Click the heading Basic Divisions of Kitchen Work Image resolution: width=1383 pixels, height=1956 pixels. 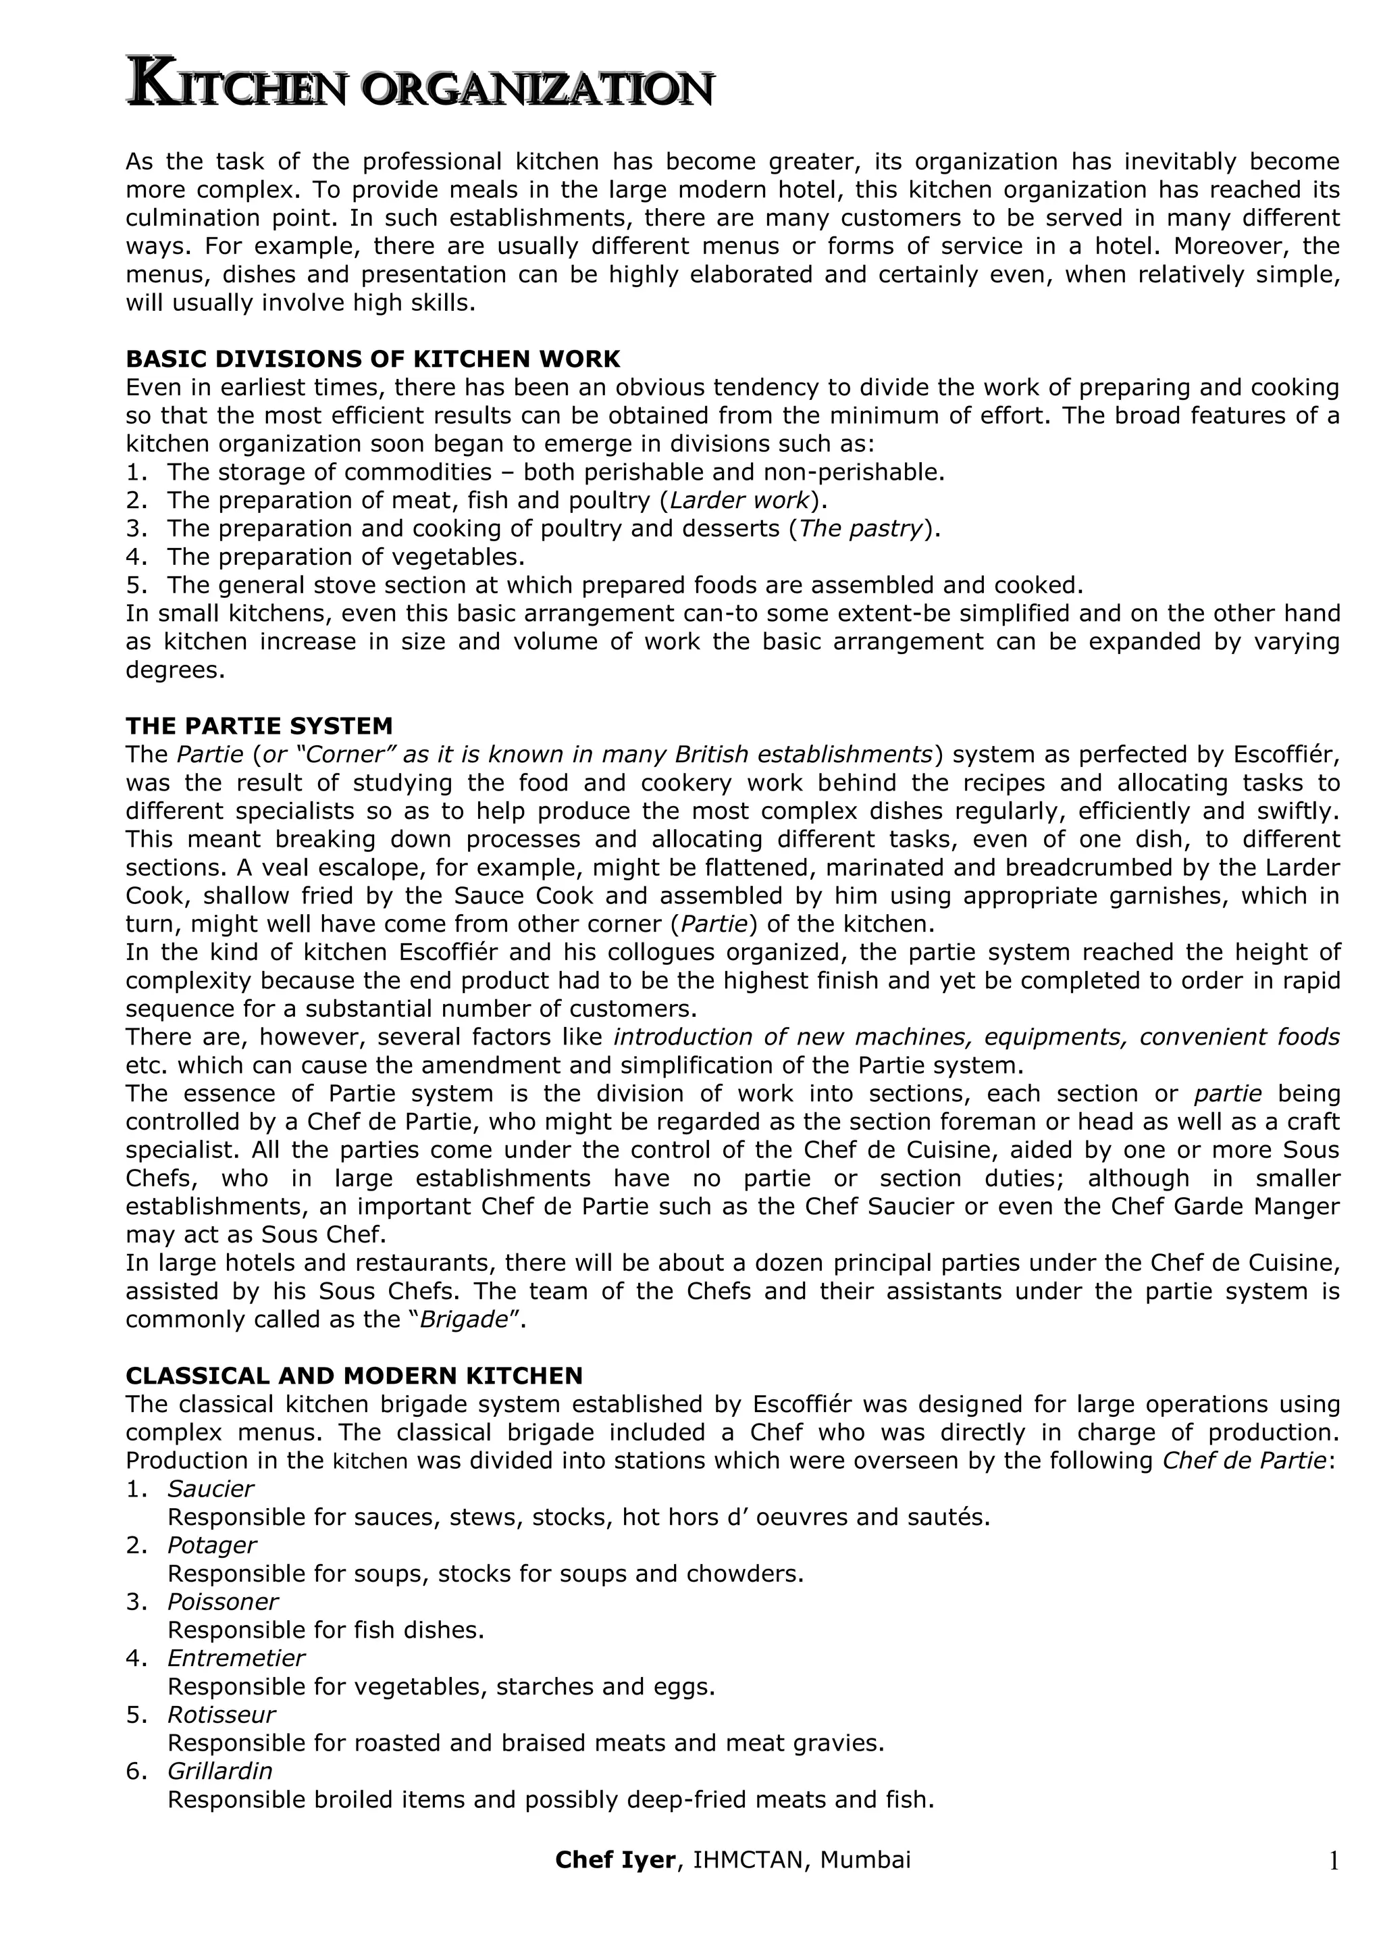tap(372, 359)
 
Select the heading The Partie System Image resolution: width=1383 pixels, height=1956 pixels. tap(259, 726)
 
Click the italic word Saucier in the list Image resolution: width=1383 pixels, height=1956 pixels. tap(210, 1489)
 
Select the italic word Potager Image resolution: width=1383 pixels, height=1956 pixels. tap(211, 1545)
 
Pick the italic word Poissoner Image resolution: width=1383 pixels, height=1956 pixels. tap(222, 1601)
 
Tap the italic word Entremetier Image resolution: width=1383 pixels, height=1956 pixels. tap(236, 1658)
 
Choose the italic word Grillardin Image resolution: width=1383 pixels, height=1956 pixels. tap(219, 1771)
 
